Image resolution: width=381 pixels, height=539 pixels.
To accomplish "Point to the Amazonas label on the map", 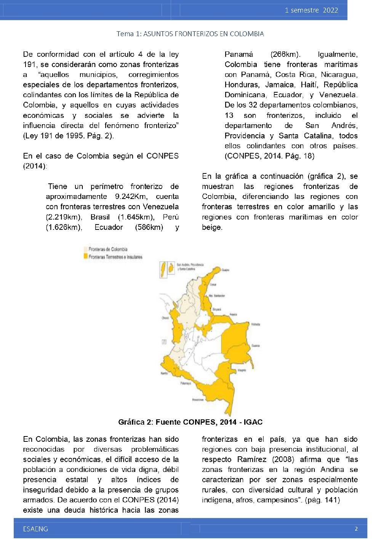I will [198, 400].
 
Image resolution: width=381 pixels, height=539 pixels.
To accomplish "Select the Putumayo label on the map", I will [185, 383].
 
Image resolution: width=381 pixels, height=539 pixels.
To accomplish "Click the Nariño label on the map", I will [165, 373].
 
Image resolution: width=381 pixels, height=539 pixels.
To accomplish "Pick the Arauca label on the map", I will [233, 315].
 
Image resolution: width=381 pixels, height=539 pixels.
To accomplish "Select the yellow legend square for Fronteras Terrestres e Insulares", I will [86, 257].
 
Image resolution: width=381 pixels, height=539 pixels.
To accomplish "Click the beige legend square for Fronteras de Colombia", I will [86, 249].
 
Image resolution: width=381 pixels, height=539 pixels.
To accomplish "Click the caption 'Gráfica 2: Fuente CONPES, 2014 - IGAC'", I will [190, 422].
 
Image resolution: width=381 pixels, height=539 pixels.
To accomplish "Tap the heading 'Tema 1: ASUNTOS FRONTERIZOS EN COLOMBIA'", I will [190, 34].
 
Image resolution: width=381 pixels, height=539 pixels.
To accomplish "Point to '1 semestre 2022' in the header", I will [311, 10].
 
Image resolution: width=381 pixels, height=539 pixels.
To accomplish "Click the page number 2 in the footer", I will [356, 529].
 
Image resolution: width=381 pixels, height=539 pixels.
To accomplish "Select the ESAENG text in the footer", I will [35, 529].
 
